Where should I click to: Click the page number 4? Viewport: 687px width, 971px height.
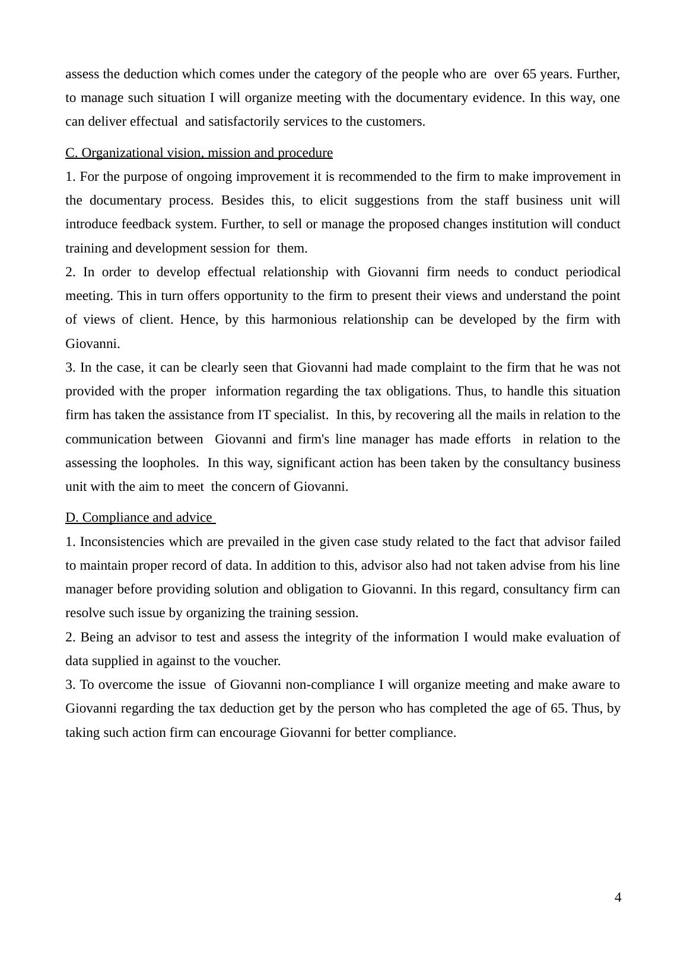pyautogui.click(x=618, y=897)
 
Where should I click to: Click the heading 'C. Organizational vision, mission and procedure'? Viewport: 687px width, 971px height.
pyautogui.click(x=199, y=153)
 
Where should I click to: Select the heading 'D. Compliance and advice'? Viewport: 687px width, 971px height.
pyautogui.click(x=139, y=518)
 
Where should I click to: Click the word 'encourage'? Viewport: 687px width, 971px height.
pyautogui.click(x=247, y=733)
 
